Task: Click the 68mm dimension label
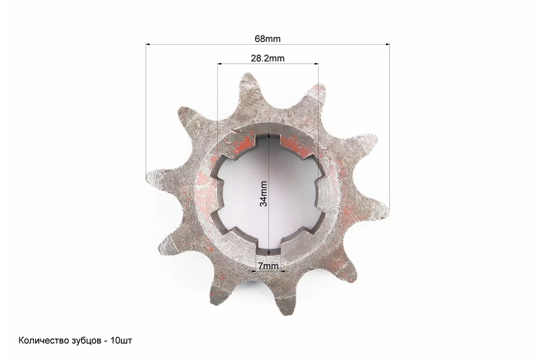click(x=267, y=39)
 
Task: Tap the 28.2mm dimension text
click(x=268, y=58)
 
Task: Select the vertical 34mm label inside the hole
click(x=264, y=194)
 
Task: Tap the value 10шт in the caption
click(x=121, y=341)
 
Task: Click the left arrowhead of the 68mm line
click(x=148, y=44)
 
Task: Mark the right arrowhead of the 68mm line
click(x=388, y=44)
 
